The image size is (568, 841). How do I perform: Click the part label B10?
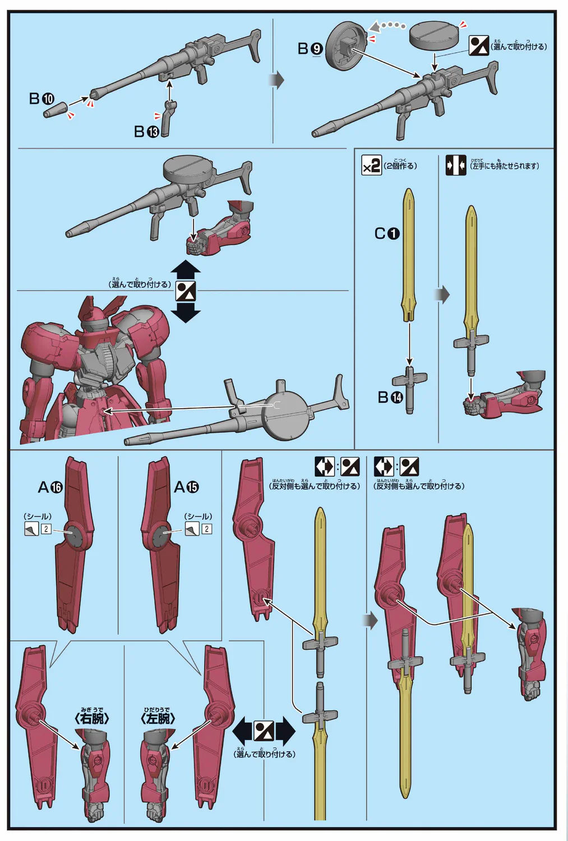point(41,99)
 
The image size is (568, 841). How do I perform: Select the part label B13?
point(146,131)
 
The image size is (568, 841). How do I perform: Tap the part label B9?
point(310,49)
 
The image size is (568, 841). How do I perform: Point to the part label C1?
point(387,233)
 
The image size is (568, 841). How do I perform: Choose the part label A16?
point(50,487)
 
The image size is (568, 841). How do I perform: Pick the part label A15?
point(187,487)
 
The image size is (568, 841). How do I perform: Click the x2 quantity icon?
point(371,165)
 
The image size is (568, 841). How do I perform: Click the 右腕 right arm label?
point(91,718)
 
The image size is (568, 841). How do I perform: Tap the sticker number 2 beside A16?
point(46,529)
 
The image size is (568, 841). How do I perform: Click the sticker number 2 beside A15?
point(207,529)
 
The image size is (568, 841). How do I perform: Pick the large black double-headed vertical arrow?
point(186,292)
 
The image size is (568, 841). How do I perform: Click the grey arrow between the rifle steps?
point(277,80)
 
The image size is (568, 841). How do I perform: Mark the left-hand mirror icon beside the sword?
point(455,165)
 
